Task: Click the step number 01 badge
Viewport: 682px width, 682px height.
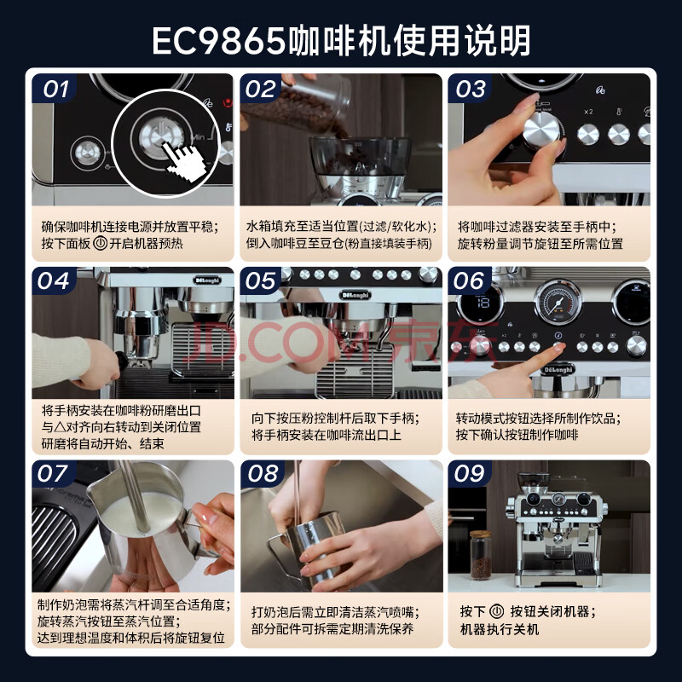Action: pos(55,90)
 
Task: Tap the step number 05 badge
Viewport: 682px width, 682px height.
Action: pos(262,281)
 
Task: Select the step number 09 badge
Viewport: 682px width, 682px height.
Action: pos(470,474)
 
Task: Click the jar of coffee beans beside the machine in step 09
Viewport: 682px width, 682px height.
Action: pos(480,555)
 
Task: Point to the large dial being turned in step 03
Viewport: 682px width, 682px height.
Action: pos(540,130)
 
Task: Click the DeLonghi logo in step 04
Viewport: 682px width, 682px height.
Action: pos(207,280)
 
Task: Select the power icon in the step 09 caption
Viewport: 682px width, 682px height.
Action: pos(497,611)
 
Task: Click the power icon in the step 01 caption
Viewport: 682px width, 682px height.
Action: pos(100,243)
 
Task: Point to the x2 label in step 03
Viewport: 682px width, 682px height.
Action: pos(588,112)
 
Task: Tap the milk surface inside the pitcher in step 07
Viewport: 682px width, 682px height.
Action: pos(140,513)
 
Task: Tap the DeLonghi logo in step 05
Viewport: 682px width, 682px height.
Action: pos(354,295)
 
